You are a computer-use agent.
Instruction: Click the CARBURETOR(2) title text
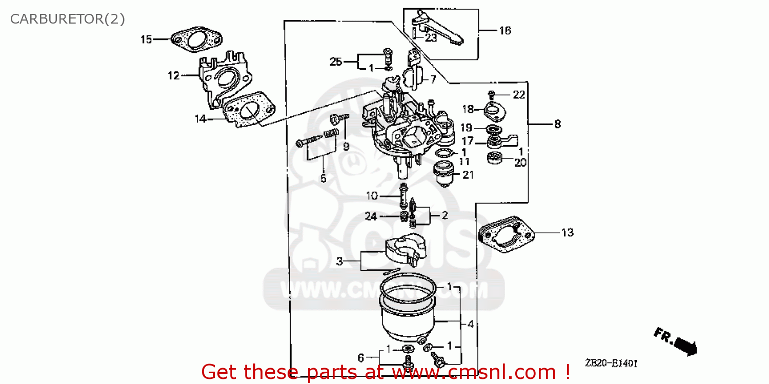[x=68, y=19]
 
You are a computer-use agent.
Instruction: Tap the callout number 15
[x=147, y=39]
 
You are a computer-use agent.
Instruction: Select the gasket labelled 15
[x=196, y=40]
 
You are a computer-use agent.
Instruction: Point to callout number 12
[x=173, y=76]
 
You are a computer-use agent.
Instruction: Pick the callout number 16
[x=505, y=31]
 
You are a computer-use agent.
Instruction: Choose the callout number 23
[x=431, y=37]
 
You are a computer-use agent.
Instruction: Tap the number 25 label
[x=336, y=62]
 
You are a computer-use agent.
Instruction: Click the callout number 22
[x=519, y=94]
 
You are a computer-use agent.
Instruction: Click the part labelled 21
[x=445, y=172]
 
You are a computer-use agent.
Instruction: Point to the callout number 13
[x=567, y=233]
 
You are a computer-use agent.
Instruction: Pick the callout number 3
[x=339, y=261]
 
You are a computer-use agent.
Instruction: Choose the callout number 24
[x=371, y=217]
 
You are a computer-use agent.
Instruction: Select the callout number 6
[x=360, y=357]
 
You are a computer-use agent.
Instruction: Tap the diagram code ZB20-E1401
[x=611, y=363]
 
